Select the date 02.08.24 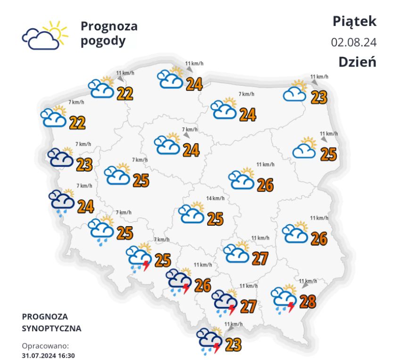(x=354, y=42)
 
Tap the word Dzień (x=357, y=62)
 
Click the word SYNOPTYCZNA (x=51, y=328)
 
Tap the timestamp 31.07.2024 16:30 (x=49, y=355)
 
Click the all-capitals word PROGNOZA (x=45, y=316)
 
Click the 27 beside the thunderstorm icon (x=248, y=306)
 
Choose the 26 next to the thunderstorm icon (x=202, y=285)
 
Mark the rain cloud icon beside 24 (x=62, y=201)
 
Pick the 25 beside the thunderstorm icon (x=163, y=259)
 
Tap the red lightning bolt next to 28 (x=291, y=307)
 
